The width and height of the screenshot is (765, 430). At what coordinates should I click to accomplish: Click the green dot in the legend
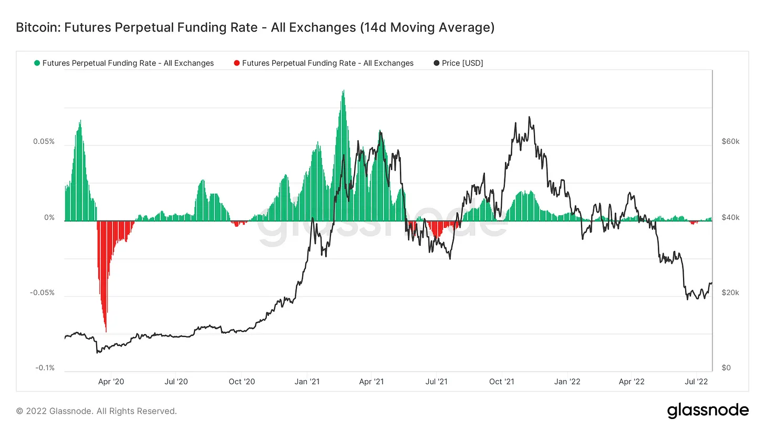[37, 63]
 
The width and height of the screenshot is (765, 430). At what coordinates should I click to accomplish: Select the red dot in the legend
[236, 63]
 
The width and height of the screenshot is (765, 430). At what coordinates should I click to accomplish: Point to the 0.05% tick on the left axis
[44, 142]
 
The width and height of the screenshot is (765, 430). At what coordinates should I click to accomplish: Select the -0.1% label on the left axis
[45, 368]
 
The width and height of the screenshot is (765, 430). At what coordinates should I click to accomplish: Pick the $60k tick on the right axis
[730, 142]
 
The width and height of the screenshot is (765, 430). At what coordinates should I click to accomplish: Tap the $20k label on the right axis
[730, 292]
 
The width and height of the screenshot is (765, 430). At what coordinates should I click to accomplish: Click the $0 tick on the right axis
[726, 368]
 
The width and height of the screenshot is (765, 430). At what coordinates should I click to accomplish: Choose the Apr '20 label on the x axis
[111, 382]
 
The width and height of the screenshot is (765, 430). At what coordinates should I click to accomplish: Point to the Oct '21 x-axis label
[503, 382]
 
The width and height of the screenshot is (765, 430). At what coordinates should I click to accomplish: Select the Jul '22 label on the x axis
[698, 382]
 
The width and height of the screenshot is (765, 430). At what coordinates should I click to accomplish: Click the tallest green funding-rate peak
[343, 90]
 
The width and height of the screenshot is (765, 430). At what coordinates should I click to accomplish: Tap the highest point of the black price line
[529, 117]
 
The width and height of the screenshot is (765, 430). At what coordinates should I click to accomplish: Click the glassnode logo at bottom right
[708, 410]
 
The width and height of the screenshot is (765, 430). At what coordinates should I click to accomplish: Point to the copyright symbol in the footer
[19, 411]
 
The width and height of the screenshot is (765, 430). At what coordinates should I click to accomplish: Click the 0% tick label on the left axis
[49, 217]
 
